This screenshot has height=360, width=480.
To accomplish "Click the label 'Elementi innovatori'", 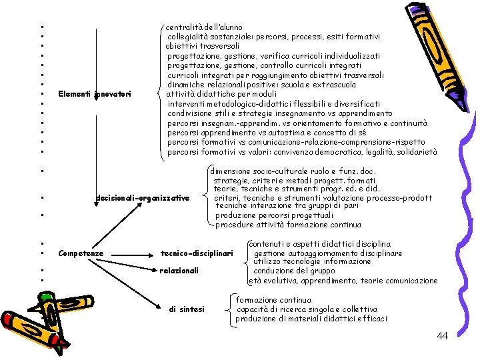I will (x=94, y=93).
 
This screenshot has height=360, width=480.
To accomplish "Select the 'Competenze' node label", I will (x=81, y=253).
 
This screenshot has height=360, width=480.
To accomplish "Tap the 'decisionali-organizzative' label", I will (x=142, y=198).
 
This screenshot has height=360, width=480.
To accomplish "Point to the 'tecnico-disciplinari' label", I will (x=197, y=253).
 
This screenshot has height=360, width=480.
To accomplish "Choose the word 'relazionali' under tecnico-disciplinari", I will (x=179, y=271).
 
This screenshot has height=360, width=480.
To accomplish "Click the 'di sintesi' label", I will (x=187, y=309).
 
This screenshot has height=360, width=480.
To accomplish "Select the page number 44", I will (x=442, y=336).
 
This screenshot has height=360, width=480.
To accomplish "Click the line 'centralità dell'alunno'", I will (x=204, y=27).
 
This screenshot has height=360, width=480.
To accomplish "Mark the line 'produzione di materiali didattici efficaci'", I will (x=311, y=319).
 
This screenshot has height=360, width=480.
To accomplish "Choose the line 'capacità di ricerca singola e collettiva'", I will (x=307, y=309).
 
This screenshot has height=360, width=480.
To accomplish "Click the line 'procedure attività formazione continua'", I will (x=288, y=225).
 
